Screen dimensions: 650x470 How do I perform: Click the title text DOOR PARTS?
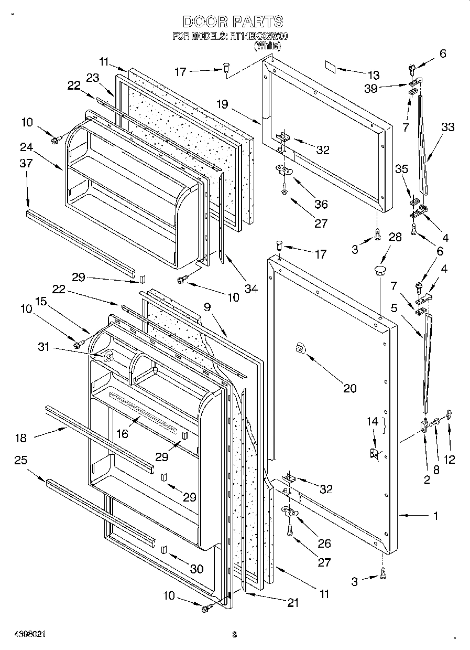coord(233,22)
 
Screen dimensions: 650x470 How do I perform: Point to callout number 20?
coord(349,388)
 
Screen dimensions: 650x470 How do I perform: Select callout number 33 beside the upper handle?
coord(447,127)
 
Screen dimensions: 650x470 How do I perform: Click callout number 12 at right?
coord(449,460)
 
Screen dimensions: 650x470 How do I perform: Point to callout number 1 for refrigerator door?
coord(435,516)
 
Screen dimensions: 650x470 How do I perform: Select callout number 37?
coord(26,164)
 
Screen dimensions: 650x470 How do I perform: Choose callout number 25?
coord(21,460)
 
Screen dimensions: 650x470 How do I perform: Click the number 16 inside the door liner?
coord(122,433)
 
